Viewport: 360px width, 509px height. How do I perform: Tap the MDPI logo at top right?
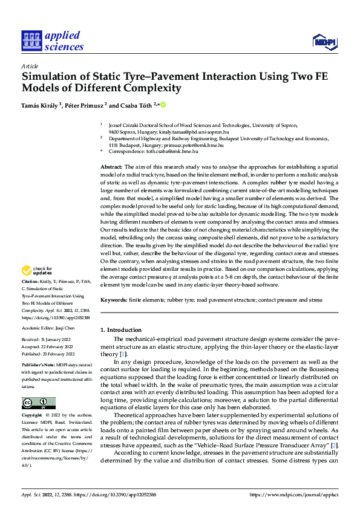point(324,41)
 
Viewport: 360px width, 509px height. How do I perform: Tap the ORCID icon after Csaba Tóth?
point(162,105)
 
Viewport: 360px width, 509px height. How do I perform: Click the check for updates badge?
point(38,271)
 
